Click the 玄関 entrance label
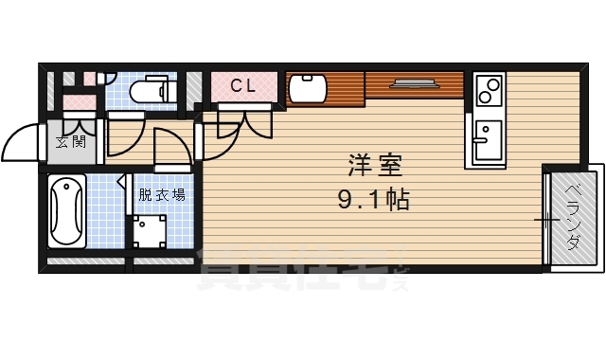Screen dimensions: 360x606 [x=71, y=143]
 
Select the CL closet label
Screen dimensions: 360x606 [x=242, y=85]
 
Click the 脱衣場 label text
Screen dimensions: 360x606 [x=162, y=195]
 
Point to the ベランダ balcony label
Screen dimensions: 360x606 [x=573, y=216]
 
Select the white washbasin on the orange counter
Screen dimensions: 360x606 [x=308, y=90]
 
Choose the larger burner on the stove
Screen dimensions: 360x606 [x=491, y=97]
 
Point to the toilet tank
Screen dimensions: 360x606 [x=169, y=91]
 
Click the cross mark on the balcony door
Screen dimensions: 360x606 [x=547, y=221]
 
